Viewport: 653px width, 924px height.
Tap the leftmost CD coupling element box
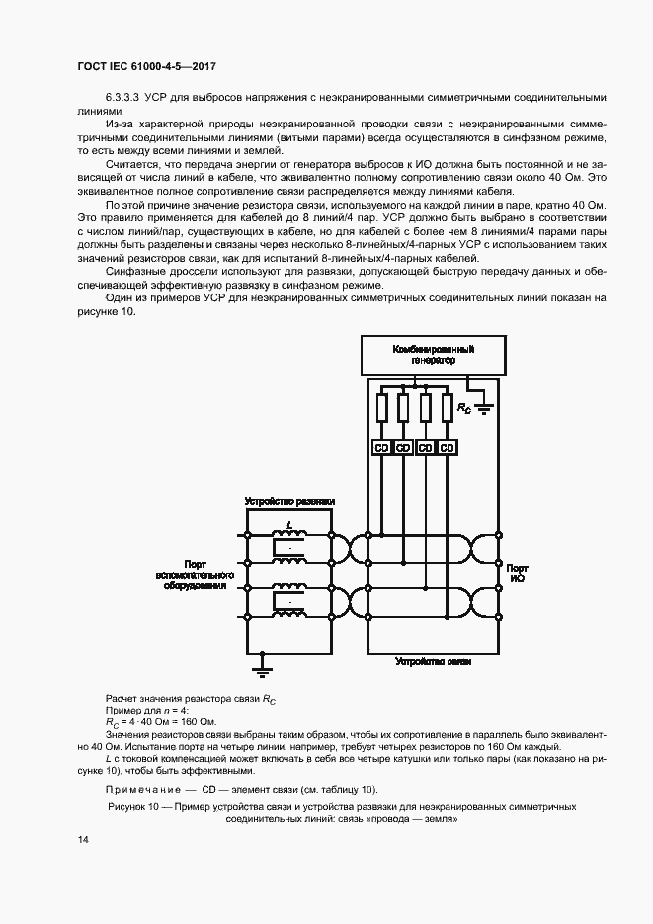[x=381, y=447]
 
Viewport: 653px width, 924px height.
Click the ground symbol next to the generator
[x=483, y=406]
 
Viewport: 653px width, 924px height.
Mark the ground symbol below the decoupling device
[x=263, y=670]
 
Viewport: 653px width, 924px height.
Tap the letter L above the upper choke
[x=288, y=525]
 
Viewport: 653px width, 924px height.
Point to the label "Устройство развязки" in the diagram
[x=289, y=502]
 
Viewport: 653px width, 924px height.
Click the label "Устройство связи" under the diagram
[x=426, y=660]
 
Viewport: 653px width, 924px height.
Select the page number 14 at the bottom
[x=82, y=839]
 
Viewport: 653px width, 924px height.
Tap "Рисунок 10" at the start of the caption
[x=134, y=807]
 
